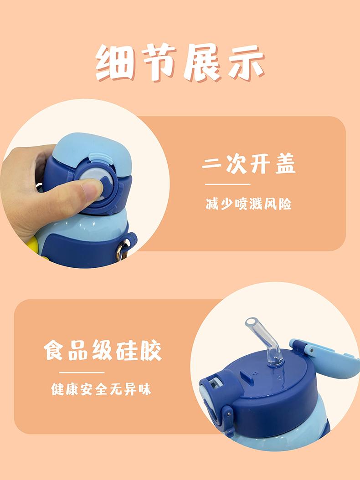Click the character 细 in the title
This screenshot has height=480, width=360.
[115, 63]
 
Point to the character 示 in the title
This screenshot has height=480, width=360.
[246, 63]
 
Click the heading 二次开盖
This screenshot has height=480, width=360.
[249, 164]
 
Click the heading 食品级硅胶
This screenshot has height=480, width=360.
[103, 351]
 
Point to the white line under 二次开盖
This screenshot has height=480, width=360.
[227, 184]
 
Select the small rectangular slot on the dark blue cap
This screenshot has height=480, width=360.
[246, 378]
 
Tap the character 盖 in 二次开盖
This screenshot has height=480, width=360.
[286, 164]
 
